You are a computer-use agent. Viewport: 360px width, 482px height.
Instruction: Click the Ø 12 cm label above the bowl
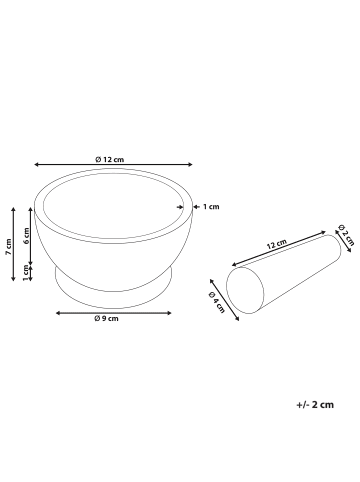pos(109,160)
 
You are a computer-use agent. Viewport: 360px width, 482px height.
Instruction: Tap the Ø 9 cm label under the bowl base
pos(106,318)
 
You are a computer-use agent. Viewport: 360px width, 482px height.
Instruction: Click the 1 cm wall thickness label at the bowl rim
pos(211,207)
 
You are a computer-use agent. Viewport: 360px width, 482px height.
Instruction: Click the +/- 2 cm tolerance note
pos(317,407)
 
